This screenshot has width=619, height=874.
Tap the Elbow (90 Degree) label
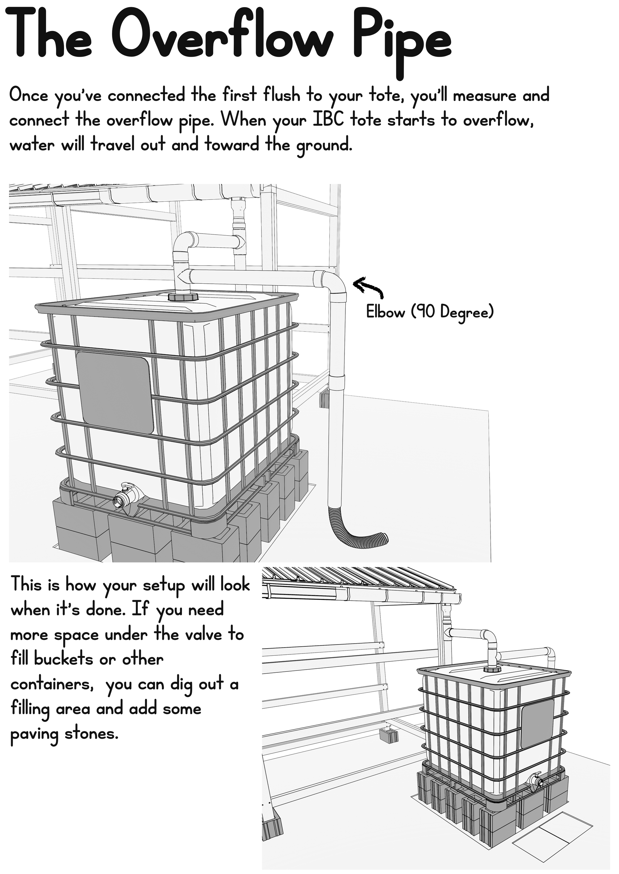[430, 312]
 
